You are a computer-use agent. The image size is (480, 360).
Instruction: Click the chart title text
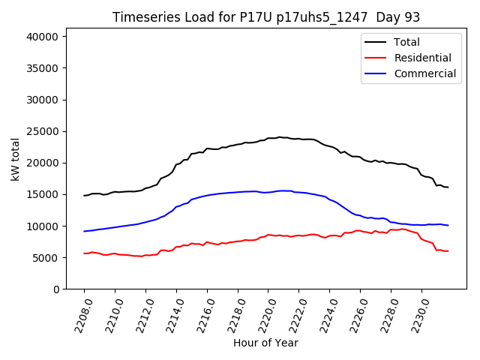266,17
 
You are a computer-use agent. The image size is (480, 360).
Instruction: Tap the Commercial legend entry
424,73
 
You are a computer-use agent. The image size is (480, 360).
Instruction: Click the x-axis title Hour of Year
265,343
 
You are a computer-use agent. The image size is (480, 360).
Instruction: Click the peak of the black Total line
279,137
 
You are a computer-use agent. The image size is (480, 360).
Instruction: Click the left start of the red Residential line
84,253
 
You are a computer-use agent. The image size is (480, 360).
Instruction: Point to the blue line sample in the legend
375,73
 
